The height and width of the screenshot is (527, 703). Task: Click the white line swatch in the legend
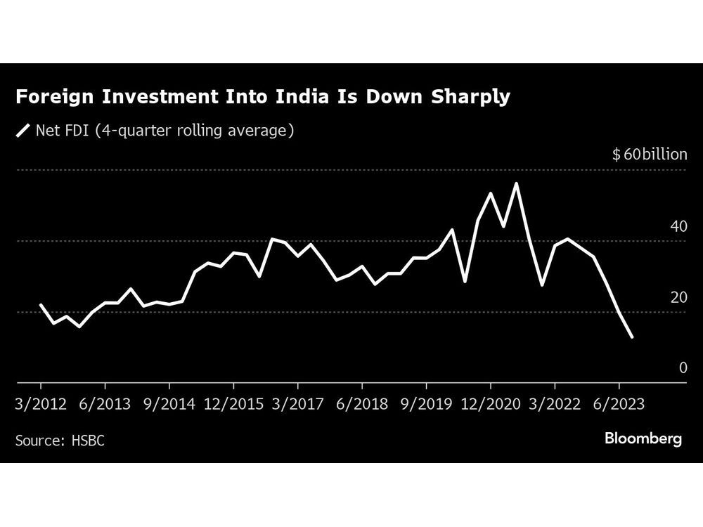(x=23, y=130)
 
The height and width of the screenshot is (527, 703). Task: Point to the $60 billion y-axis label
(x=650, y=155)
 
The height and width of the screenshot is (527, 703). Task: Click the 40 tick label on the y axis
(x=679, y=226)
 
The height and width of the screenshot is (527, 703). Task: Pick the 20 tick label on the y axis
(x=679, y=297)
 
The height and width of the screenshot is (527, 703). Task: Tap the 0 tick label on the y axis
(x=683, y=367)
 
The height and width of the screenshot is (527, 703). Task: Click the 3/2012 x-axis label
(x=41, y=404)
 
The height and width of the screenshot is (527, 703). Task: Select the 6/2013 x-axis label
(x=105, y=404)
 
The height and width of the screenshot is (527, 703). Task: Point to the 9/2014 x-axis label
(x=169, y=404)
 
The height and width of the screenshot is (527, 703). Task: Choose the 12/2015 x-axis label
(x=233, y=404)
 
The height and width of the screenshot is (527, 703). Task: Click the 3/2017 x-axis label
(x=298, y=404)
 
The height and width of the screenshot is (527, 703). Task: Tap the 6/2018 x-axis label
(x=362, y=404)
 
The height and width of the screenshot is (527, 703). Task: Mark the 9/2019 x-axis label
(x=426, y=404)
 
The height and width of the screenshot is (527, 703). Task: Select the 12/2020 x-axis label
(x=491, y=404)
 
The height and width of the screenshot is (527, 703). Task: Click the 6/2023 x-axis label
(x=619, y=404)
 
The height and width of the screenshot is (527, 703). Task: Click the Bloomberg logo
(x=643, y=439)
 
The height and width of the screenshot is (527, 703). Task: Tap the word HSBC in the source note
(x=88, y=441)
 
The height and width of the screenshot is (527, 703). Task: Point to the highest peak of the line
(x=517, y=183)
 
